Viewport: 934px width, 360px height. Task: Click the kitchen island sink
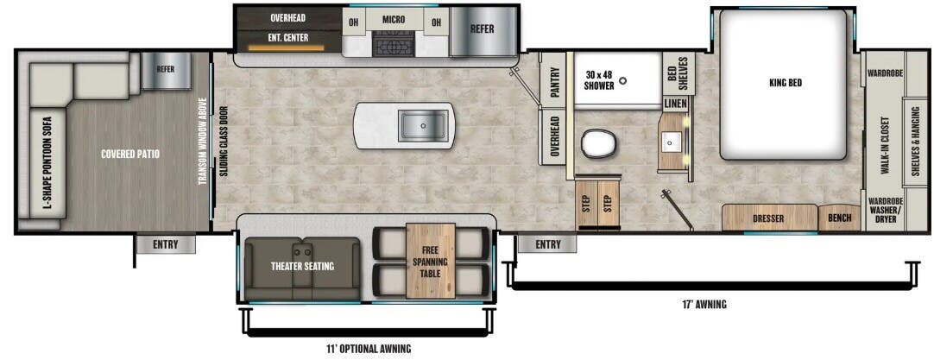point(424,126)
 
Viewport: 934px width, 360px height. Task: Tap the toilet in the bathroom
point(598,143)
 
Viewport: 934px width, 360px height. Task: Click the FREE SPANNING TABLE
point(430,262)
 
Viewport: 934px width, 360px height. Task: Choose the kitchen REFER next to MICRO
point(482,28)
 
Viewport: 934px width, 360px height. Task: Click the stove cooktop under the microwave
point(394,44)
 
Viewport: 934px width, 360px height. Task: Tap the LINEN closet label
point(675,104)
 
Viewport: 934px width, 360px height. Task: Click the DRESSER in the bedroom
point(767,218)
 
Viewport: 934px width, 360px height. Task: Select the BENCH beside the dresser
point(839,218)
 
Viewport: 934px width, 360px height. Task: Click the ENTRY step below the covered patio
point(166,245)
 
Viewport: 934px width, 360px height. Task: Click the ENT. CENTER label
point(289,38)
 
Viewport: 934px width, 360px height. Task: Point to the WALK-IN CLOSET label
point(885,145)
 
